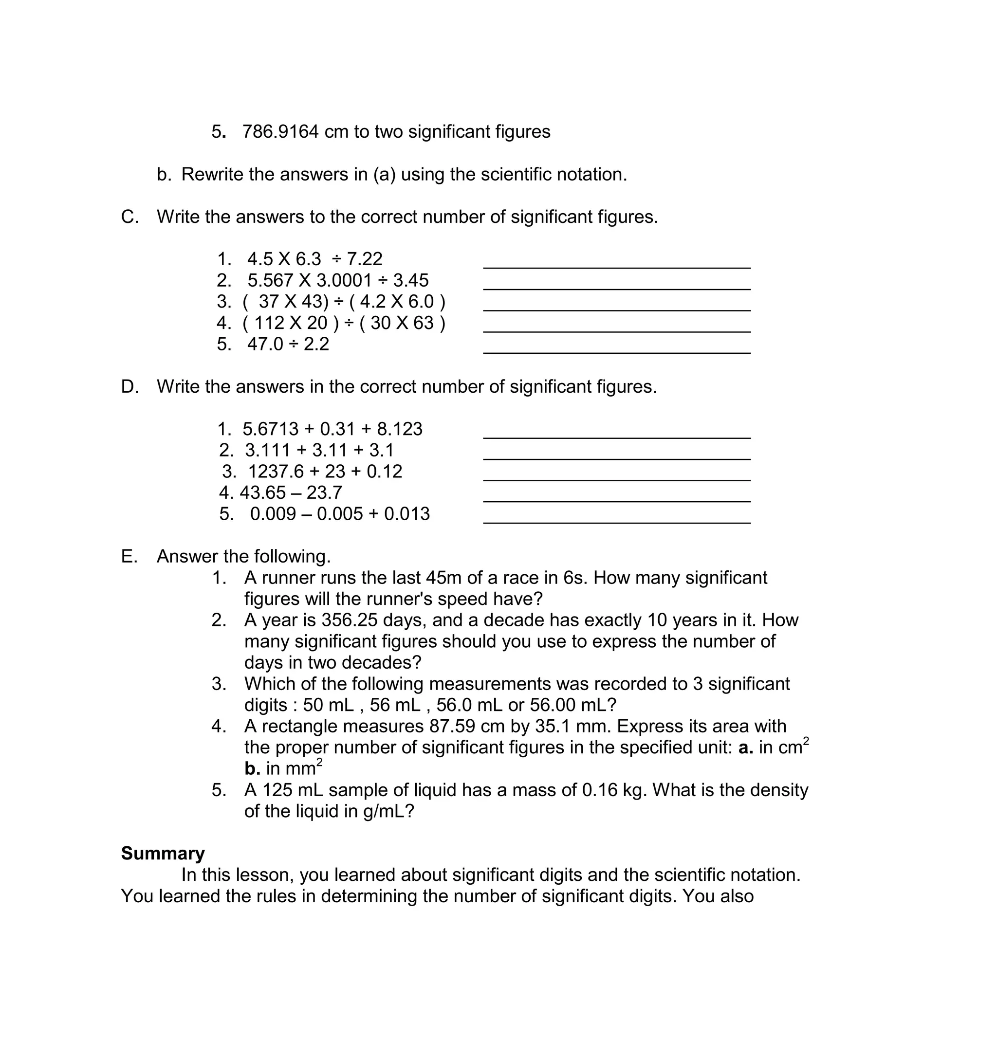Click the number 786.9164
[x=280, y=132]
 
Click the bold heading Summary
[x=163, y=854]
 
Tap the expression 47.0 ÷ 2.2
[x=288, y=345]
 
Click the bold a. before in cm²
[x=745, y=747]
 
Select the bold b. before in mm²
[x=253, y=769]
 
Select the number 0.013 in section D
[x=407, y=514]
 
